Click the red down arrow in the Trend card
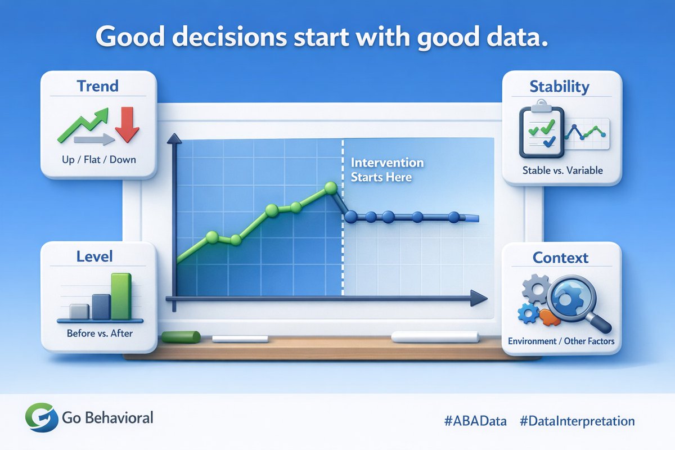(x=127, y=124)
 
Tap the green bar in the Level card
(x=121, y=296)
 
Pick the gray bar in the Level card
(x=79, y=312)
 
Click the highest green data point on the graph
(x=331, y=188)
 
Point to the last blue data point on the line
(x=454, y=217)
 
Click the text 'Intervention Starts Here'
(x=387, y=170)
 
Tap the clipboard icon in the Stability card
(x=542, y=129)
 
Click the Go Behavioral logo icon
(x=42, y=417)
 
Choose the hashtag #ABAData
(x=475, y=421)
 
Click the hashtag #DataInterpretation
(x=577, y=421)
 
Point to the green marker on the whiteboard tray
(x=181, y=337)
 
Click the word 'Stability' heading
(x=559, y=87)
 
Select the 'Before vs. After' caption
(x=100, y=333)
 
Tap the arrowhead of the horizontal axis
(x=479, y=298)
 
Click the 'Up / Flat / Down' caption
(x=99, y=159)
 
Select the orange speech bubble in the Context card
(x=550, y=318)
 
